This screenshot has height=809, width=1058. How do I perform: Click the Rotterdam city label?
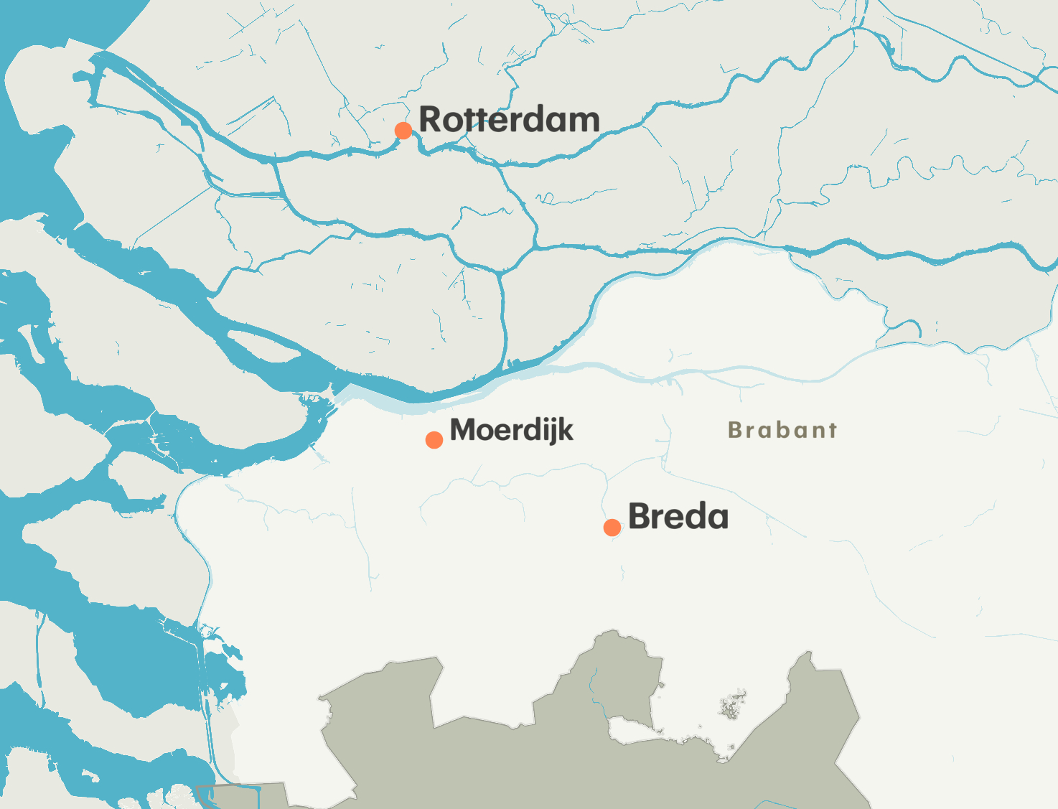tap(509, 120)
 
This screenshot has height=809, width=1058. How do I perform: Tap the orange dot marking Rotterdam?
tap(403, 131)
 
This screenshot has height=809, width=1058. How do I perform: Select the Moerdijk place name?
tap(511, 430)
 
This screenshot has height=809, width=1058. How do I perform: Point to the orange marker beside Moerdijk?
tap(434, 440)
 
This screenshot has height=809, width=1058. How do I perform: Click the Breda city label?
tap(678, 517)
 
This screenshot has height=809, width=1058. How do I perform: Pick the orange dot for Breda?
tap(612, 528)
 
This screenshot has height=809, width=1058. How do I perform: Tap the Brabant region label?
tap(782, 430)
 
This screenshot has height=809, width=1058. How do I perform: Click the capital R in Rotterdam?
tap(431, 120)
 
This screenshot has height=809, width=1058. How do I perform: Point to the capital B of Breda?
tap(640, 517)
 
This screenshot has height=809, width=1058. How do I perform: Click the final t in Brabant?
tap(832, 430)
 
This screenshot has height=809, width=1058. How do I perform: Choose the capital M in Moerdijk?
tap(464, 430)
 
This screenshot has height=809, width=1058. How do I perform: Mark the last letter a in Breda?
tap(717, 519)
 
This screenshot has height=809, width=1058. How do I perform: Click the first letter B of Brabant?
tap(734, 430)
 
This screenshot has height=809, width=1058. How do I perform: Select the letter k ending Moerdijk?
tap(566, 430)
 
